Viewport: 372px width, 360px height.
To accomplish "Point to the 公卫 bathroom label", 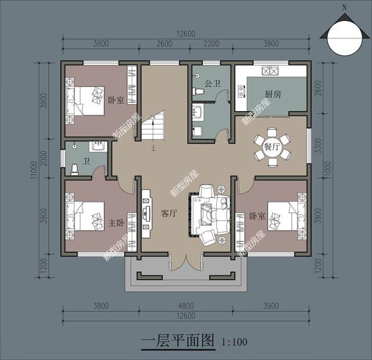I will (x=213, y=84).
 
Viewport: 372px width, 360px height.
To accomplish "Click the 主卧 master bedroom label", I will (x=116, y=223).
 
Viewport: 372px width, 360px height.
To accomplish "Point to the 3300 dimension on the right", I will (x=325, y=152).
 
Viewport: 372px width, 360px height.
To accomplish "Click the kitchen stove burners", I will (x=271, y=72).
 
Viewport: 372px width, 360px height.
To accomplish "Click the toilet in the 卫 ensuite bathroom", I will (x=75, y=169).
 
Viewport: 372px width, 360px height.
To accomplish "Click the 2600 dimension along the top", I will (x=164, y=44).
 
